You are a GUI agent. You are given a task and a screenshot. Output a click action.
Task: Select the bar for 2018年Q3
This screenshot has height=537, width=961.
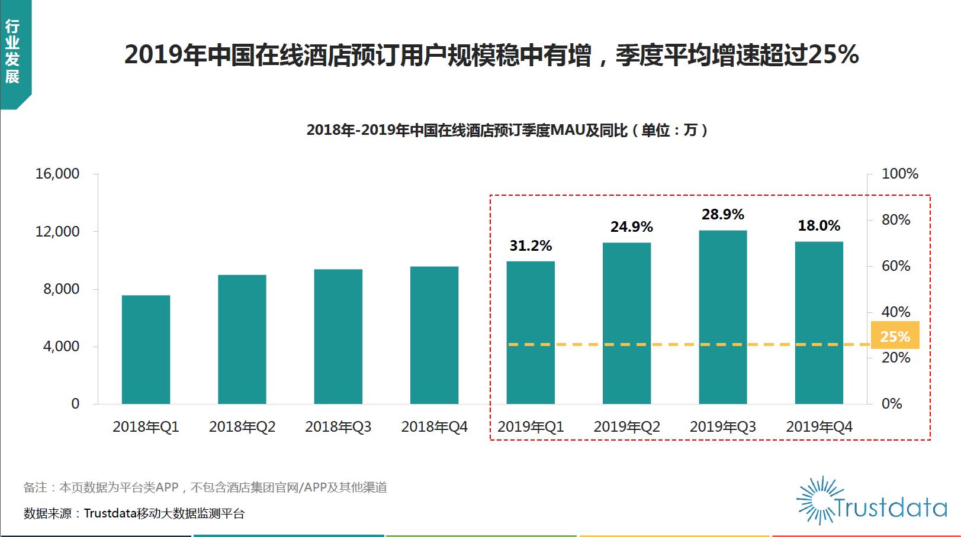pos(338,337)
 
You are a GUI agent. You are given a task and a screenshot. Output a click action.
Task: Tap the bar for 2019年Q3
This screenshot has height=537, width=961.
pos(722,317)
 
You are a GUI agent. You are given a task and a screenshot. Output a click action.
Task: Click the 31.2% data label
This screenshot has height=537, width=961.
pos(531,246)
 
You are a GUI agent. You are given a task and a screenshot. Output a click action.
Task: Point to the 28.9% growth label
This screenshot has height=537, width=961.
pos(722,215)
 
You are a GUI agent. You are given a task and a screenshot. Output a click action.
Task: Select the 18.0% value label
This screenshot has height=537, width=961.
pos(819,226)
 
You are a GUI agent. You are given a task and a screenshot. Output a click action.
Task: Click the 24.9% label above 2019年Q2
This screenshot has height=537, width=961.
pos(631,227)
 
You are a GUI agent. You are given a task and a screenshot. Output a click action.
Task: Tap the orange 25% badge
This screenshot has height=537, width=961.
pos(895,336)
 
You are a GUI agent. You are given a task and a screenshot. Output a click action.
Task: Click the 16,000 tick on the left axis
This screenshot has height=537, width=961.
pos(57,174)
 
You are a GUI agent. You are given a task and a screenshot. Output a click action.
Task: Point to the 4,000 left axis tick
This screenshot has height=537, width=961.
pos(61,347)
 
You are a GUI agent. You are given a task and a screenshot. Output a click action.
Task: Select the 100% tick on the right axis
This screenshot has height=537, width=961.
pos(899,174)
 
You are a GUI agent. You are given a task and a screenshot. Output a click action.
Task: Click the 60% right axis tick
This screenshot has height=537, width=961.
pos(895,266)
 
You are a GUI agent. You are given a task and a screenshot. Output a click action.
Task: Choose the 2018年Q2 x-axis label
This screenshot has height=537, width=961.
pos(242,427)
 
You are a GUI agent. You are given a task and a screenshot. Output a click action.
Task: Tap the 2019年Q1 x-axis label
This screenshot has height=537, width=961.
pos(531,427)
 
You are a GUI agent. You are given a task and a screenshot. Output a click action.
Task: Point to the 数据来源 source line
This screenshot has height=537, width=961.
pos(134,513)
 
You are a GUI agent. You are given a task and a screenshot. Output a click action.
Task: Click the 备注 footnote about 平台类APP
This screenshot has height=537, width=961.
pos(205,487)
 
